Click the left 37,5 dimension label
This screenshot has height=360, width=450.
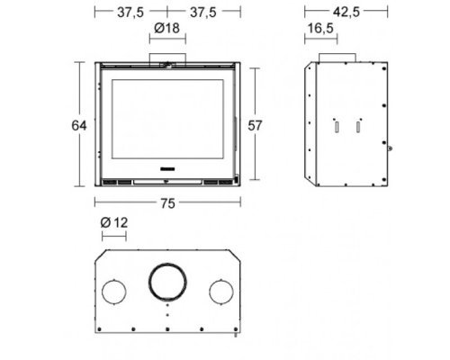pyautogui.click(x=130, y=13)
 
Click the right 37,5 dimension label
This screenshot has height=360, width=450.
pyautogui.click(x=203, y=13)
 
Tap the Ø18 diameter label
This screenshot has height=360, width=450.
pyautogui.click(x=166, y=28)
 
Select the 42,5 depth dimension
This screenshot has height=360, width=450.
pyautogui.click(x=346, y=12)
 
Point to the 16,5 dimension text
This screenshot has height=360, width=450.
pyautogui.click(x=320, y=28)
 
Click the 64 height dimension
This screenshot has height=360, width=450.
pyautogui.click(x=79, y=125)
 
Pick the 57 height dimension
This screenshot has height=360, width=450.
pyautogui.click(x=255, y=126)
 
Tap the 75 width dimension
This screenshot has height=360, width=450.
pyautogui.click(x=167, y=203)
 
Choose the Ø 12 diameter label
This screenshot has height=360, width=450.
pyautogui.click(x=114, y=222)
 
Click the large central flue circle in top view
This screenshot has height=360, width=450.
pyautogui.click(x=167, y=265)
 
